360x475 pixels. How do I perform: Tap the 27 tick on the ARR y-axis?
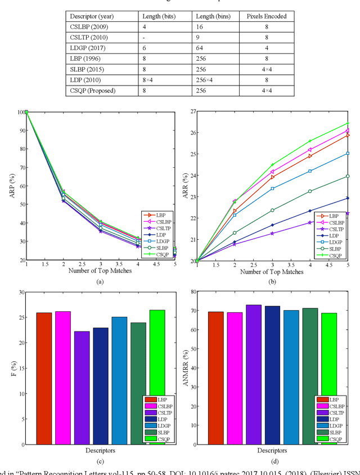192,111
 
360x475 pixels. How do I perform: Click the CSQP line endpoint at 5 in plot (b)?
348,123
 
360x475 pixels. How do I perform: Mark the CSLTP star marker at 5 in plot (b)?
348,213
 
